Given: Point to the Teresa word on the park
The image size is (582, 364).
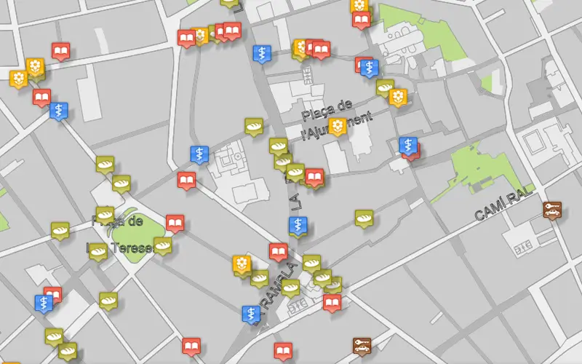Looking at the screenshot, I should point(131,248).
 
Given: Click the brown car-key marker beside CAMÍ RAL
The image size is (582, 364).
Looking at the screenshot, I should point(552,209).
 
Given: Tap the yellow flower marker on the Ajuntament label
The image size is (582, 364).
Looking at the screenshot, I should point(337,126).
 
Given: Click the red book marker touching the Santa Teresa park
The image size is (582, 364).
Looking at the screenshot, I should point(175,222).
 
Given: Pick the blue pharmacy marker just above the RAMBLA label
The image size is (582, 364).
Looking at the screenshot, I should point(298,226).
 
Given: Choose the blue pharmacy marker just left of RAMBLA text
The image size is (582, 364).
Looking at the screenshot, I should point(251,314).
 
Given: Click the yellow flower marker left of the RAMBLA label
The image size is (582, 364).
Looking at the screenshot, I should point(242,264).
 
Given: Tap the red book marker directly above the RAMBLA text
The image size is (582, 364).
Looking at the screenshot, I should point(278,251).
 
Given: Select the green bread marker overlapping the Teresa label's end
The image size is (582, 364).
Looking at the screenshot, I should point(162,245).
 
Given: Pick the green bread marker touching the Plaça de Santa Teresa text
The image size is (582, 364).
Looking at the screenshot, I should point(105,215).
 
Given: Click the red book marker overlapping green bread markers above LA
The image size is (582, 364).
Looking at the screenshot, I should point(314,176).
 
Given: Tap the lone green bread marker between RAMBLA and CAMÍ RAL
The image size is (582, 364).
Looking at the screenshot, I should point(364,217).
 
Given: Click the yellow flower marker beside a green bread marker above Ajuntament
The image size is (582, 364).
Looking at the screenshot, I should point(397,96).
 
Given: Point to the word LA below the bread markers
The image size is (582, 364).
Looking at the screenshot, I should point(296,200).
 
